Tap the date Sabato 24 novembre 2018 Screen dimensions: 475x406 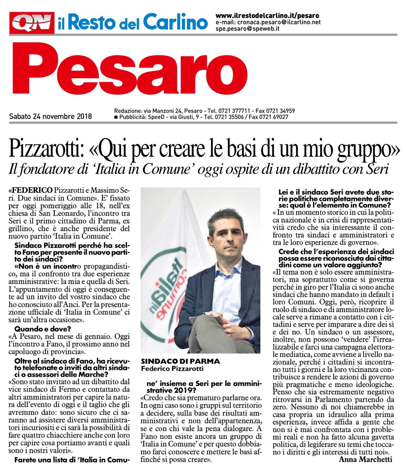click(50, 116)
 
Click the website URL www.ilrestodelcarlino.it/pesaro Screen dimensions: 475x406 click(267, 16)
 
